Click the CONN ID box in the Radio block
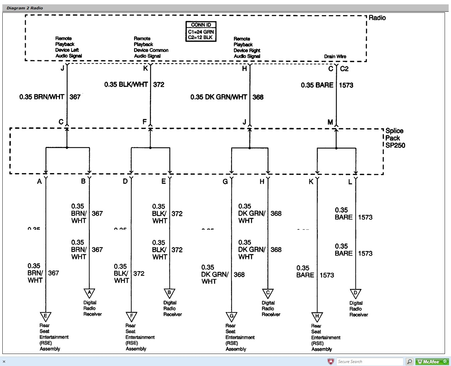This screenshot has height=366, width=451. coord(201,31)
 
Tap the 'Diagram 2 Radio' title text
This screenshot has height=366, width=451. coord(24,8)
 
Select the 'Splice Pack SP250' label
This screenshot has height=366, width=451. coord(395,138)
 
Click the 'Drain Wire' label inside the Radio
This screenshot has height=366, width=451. coord(335,56)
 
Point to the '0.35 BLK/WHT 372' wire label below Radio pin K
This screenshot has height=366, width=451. coord(134,84)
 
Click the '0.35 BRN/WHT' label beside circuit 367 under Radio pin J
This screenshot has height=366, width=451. coord(42,97)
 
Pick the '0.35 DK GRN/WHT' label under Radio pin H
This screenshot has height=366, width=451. coord(218,97)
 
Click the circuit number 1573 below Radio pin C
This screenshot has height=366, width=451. coord(346,85)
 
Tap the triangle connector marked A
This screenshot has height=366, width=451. coord(89,293)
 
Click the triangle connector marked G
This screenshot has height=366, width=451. coord(231,316)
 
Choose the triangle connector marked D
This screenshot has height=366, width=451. coord(355,293)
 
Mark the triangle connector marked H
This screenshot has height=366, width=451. coord(317,316)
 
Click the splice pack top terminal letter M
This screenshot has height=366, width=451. coord(330,122)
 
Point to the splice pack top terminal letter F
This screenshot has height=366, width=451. coord(145,122)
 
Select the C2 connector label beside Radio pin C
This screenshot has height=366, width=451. coord(344,69)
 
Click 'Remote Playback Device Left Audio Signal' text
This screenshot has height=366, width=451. coord(68,47)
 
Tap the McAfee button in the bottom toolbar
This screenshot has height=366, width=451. coord(432,362)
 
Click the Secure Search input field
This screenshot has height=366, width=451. coord(370,362)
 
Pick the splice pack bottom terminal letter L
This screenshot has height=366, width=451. coord(350,182)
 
